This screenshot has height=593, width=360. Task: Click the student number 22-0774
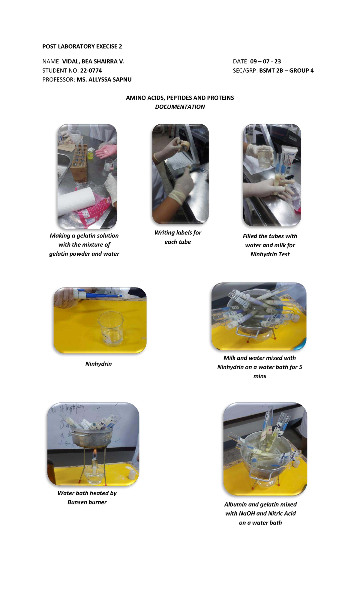point(91,71)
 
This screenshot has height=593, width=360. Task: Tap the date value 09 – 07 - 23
point(265,62)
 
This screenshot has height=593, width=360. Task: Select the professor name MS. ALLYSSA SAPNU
point(104,80)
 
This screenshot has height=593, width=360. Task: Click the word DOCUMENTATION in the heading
point(180,107)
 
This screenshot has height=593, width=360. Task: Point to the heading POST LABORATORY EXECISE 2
point(82,47)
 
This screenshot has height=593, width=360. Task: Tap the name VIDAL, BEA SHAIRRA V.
point(93,62)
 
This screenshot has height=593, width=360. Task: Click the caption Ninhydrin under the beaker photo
point(98,364)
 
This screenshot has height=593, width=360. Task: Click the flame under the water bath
point(94,452)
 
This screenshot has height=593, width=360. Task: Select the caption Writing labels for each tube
point(178,237)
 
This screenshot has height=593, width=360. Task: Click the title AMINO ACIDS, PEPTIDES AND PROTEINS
point(180,98)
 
